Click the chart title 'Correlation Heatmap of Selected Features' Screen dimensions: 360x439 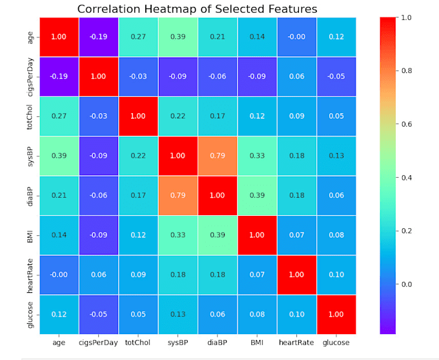(x=197, y=9)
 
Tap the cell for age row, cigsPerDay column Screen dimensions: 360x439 (x=98, y=37)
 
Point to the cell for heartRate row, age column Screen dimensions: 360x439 (x=59, y=275)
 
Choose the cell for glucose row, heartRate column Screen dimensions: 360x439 (x=296, y=315)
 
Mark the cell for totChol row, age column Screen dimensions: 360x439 (x=59, y=116)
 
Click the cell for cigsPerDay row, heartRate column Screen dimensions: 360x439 (x=296, y=76)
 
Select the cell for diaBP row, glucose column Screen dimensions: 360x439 (x=336, y=196)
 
